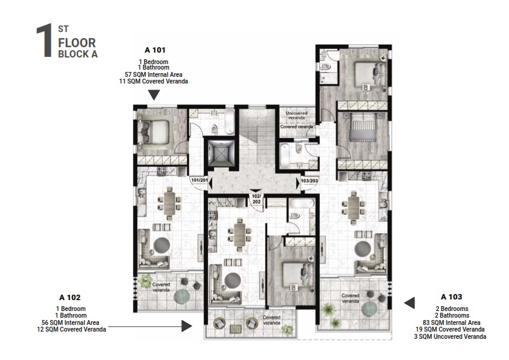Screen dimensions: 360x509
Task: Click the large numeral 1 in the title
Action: [x=43, y=41]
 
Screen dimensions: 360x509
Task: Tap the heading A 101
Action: [x=155, y=50]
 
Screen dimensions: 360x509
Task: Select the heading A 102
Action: [x=70, y=297]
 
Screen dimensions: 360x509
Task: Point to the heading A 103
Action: [x=451, y=296]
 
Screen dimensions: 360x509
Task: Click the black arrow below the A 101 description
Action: [x=154, y=94]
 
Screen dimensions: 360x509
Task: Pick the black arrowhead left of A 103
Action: [x=409, y=303]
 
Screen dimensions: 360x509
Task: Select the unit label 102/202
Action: [x=256, y=199]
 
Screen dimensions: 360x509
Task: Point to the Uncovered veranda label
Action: [x=296, y=113]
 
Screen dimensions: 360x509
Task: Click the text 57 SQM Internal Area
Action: [x=154, y=74]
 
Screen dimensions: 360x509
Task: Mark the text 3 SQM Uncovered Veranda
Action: [x=452, y=336]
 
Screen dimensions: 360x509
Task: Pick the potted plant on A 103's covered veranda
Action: [x=328, y=310]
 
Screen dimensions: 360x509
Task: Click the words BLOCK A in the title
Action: [x=77, y=54]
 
